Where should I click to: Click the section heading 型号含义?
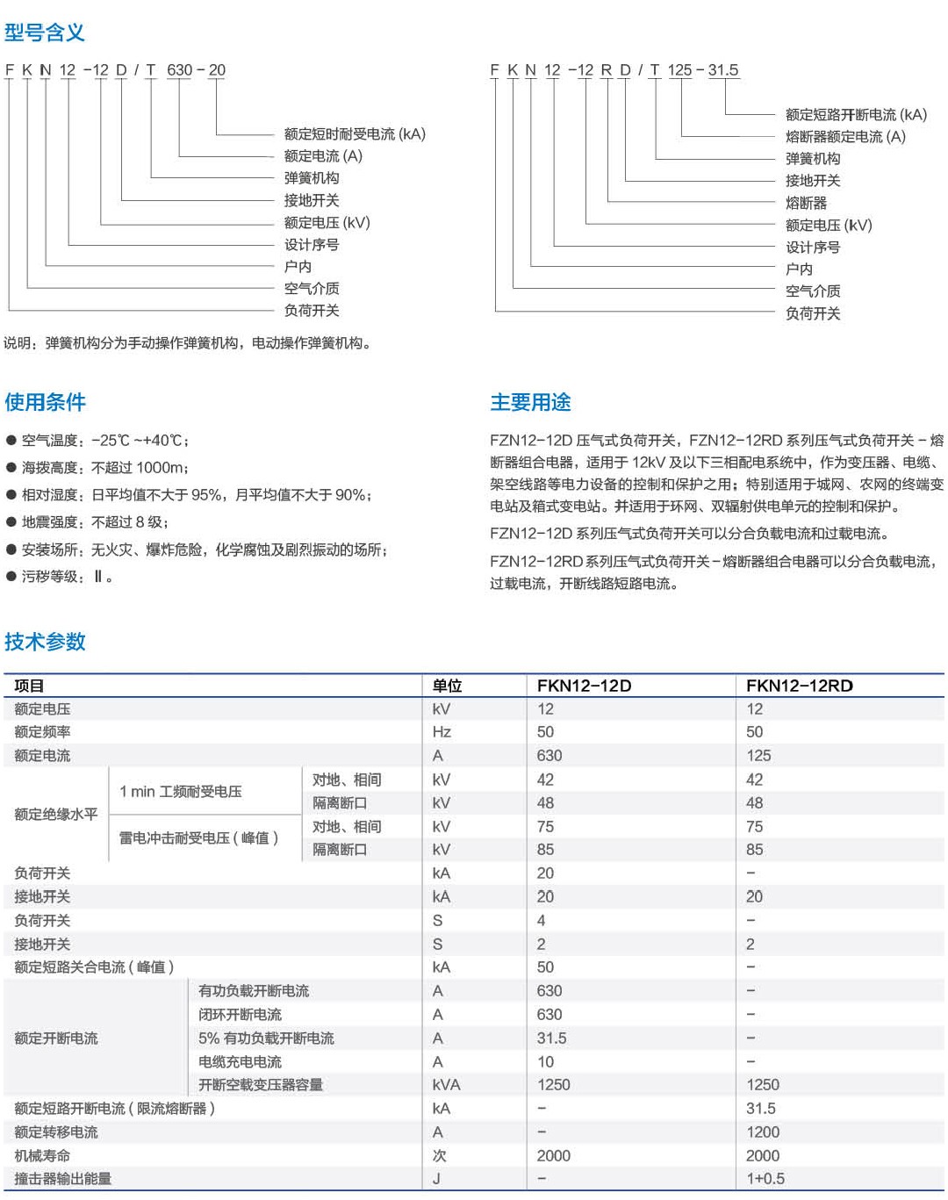tap(45, 33)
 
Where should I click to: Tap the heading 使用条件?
tap(45, 402)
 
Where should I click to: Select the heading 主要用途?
tap(530, 402)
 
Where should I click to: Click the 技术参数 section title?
tap(45, 642)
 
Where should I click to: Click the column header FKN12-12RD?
tap(799, 686)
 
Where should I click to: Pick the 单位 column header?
tap(447, 686)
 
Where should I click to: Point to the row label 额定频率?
tap(42, 732)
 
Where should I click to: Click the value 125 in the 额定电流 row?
tap(758, 756)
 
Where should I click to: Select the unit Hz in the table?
tap(442, 732)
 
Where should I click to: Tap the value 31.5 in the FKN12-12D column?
tap(551, 1038)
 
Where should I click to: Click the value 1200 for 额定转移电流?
tap(762, 1132)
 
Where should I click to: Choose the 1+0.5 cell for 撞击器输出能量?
tap(765, 1179)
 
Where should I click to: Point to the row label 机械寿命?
tap(42, 1156)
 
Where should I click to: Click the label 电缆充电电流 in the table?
tap(240, 1062)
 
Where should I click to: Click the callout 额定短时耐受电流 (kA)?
tap(355, 134)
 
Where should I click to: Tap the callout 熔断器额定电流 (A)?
tap(845, 137)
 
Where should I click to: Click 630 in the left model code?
tap(179, 70)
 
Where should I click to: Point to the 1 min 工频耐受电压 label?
tap(180, 792)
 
